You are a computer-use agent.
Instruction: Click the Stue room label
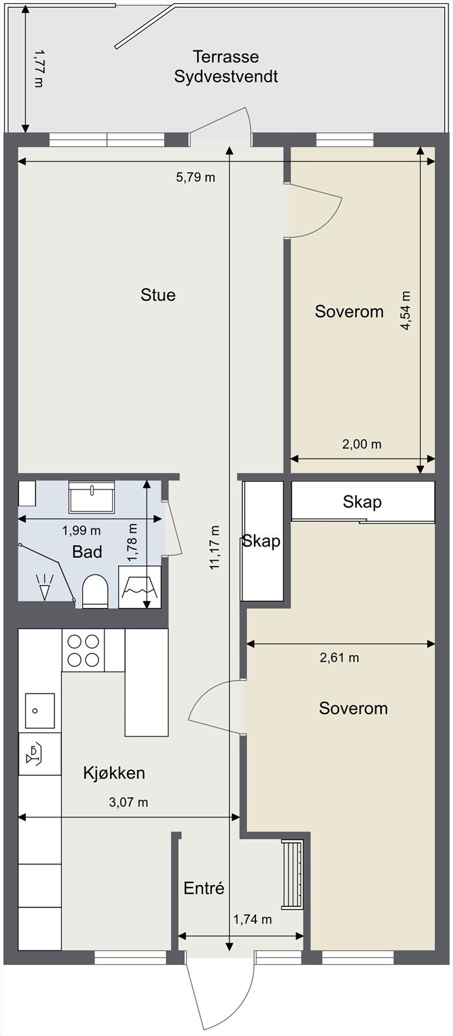click(158, 295)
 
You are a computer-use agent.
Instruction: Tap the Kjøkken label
click(114, 773)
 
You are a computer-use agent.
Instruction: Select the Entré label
click(204, 888)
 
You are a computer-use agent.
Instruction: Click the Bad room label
click(87, 552)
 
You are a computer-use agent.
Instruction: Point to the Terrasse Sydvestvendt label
click(226, 67)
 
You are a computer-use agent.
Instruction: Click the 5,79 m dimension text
click(195, 177)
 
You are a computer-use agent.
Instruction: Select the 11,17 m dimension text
click(215, 548)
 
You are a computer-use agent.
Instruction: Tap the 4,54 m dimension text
click(405, 310)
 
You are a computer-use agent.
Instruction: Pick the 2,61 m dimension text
click(339, 658)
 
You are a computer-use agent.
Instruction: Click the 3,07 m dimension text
click(128, 802)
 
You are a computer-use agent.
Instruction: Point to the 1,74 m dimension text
click(252, 919)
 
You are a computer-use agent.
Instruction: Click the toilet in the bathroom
click(95, 591)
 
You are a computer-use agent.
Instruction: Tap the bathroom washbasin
click(91, 497)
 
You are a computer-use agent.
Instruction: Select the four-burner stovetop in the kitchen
click(84, 650)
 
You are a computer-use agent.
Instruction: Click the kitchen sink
click(40, 710)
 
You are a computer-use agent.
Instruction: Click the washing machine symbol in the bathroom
click(140, 587)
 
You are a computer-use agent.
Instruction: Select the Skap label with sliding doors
click(362, 501)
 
